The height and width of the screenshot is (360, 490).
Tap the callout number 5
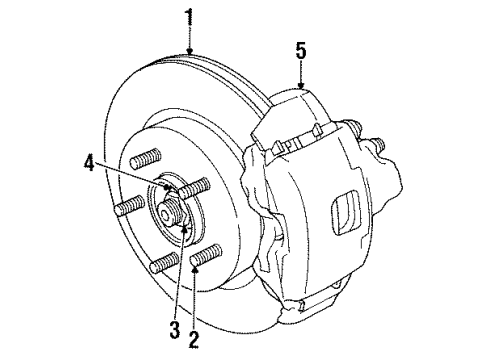(300, 49)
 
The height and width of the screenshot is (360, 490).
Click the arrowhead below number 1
(189, 50)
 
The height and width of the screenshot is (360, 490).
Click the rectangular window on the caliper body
(346, 211)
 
